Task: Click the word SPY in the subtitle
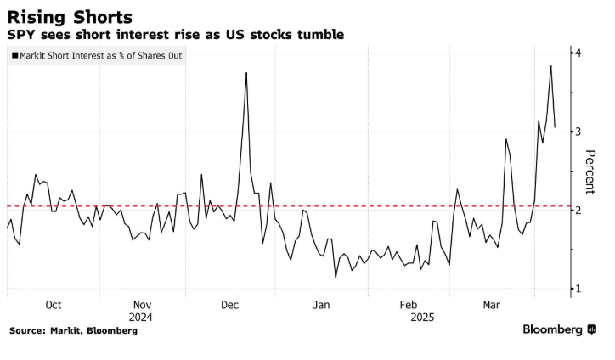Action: click(22, 35)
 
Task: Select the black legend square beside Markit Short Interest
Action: click(14, 56)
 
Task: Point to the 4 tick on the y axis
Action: click(578, 53)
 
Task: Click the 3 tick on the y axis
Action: click(578, 132)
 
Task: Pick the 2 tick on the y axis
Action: click(578, 211)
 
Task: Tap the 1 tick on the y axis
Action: click(578, 290)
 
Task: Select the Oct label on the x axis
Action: click(54, 305)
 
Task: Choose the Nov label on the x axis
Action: click(142, 305)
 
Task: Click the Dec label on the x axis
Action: click(230, 305)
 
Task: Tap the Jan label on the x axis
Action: click(321, 305)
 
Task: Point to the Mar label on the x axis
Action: click(492, 305)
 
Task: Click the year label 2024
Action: click(141, 317)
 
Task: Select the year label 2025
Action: click(422, 317)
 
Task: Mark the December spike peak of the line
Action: click(246, 73)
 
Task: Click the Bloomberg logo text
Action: click(552, 329)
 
